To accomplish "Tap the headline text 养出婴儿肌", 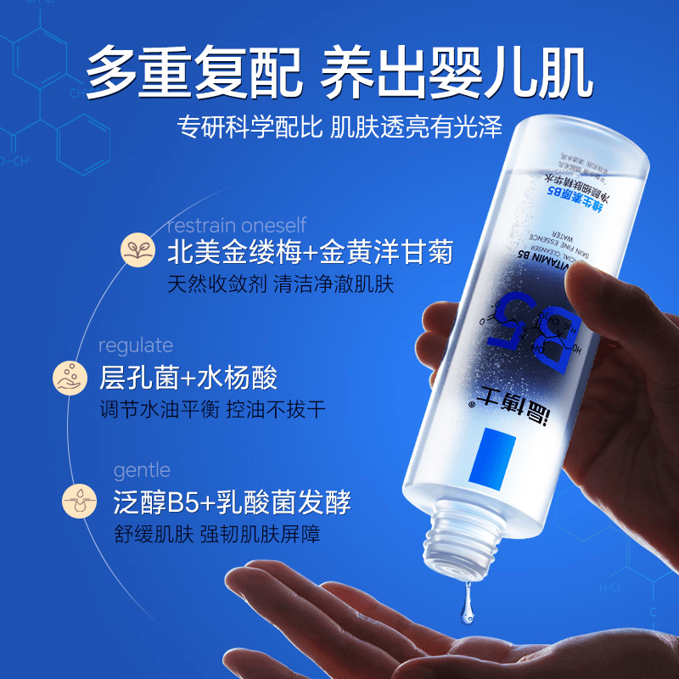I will tap(456, 70).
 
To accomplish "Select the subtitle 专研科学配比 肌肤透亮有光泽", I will tap(339, 127).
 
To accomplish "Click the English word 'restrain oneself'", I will tap(236, 225).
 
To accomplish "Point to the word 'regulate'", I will tap(136, 345).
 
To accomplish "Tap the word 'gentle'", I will tap(142, 470).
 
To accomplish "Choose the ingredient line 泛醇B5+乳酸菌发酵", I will tap(232, 501).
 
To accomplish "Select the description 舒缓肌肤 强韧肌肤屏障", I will tap(216, 534).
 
